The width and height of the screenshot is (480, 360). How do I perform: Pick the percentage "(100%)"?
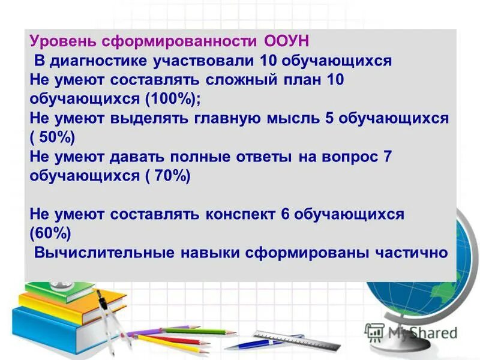pyautogui.click(x=177, y=98)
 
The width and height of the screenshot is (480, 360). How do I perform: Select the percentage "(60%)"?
pyautogui.click(x=50, y=233)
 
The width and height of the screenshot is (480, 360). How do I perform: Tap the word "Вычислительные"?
pyautogui.click(x=104, y=253)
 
